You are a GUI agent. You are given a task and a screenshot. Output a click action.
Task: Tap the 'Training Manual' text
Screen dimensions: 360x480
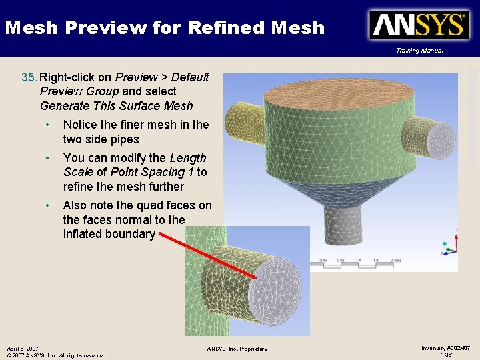click(419, 51)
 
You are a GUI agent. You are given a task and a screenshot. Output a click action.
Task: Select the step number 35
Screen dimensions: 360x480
click(29, 77)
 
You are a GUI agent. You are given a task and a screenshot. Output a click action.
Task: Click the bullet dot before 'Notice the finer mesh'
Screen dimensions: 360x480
click(48, 125)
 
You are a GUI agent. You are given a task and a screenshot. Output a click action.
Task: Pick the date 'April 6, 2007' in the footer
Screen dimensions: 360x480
click(22, 349)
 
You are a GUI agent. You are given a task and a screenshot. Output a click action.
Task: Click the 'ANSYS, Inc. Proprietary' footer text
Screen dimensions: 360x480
click(237, 349)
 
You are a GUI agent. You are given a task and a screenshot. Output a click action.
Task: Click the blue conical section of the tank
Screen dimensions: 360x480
click(347, 187)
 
